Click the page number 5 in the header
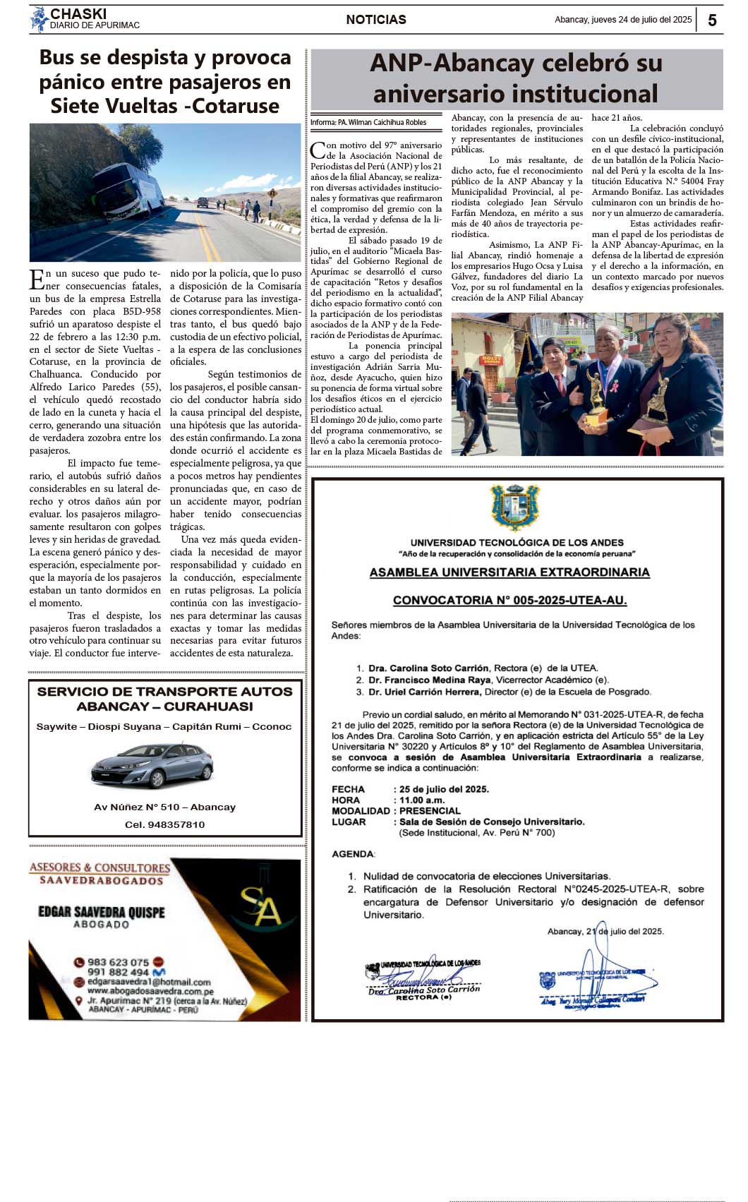[x=712, y=20]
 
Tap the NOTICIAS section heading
[x=375, y=20]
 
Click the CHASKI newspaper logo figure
[x=39, y=19]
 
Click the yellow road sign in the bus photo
[x=272, y=193]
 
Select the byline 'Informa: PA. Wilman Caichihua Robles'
[x=368, y=123]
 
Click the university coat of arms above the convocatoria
[x=515, y=507]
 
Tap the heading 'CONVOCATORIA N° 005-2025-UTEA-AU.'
[x=509, y=601]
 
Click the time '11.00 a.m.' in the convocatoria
[x=422, y=800]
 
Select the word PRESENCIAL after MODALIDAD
[x=430, y=811]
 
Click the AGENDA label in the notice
[x=354, y=854]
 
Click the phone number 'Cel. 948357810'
[x=165, y=824]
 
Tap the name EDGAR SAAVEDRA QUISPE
[x=102, y=912]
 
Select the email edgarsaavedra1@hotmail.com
[x=149, y=982]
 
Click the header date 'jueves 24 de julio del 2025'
[x=623, y=20]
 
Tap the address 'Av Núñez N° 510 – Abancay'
[x=165, y=807]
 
